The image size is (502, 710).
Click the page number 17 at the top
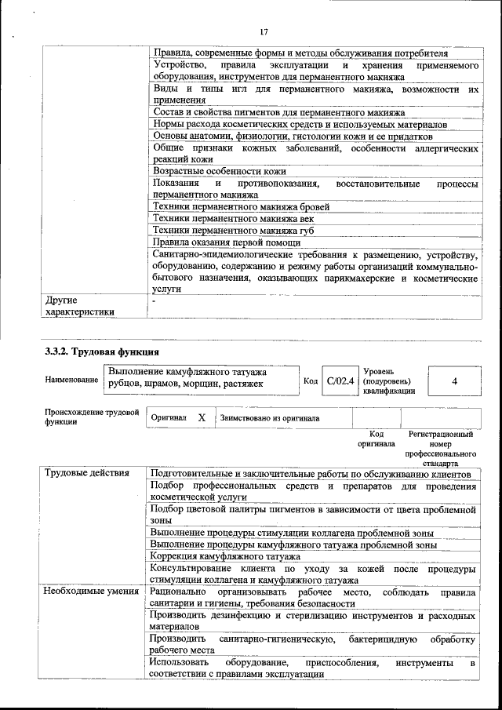264,32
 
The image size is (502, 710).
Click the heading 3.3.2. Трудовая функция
102,351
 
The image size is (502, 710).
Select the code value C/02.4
340,380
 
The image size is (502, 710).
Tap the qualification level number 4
455,380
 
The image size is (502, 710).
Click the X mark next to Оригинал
202,418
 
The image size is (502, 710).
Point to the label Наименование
71,380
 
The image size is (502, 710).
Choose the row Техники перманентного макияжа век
235,219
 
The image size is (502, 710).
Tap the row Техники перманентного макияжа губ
235,231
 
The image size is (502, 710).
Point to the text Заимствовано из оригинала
270,418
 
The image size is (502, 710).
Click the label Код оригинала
376,439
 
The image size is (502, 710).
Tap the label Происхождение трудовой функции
91,417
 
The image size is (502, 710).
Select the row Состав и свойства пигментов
274,112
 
